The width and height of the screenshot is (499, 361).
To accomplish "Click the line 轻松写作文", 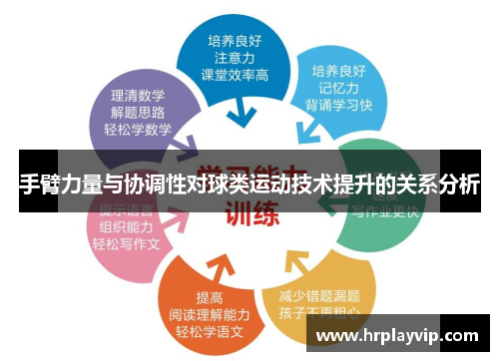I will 127,243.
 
